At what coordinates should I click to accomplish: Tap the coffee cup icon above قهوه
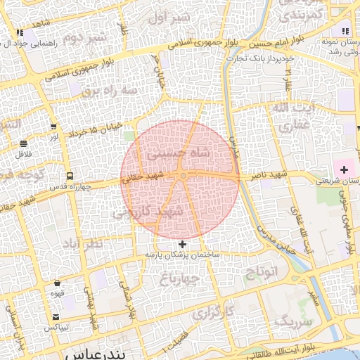57,283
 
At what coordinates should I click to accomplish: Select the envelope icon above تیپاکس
56,317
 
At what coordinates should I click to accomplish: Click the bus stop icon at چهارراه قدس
69,176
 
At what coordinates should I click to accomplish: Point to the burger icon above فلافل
24,143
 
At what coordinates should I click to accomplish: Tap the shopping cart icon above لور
53,127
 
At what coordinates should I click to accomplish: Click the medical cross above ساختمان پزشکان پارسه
184,243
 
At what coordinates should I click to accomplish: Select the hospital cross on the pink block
344,171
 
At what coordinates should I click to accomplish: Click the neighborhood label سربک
291,321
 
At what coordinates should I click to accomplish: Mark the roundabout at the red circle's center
183,176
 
